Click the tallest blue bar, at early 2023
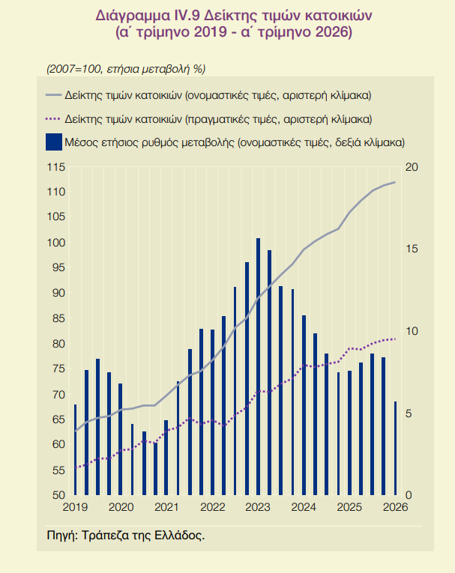(258, 366)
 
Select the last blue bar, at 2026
(395, 449)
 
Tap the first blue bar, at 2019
(76, 450)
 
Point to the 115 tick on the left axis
(56, 167)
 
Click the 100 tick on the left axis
(56, 243)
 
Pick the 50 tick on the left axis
(58, 495)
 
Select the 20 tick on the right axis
(412, 167)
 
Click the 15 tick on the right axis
(412, 249)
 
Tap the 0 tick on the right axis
(409, 495)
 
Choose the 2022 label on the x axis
(212, 507)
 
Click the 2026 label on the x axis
(395, 507)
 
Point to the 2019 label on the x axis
(76, 507)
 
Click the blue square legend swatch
(54, 142)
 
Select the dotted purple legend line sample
(52, 119)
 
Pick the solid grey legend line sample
(52, 95)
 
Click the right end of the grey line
(395, 182)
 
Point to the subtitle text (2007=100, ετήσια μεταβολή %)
(126, 69)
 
